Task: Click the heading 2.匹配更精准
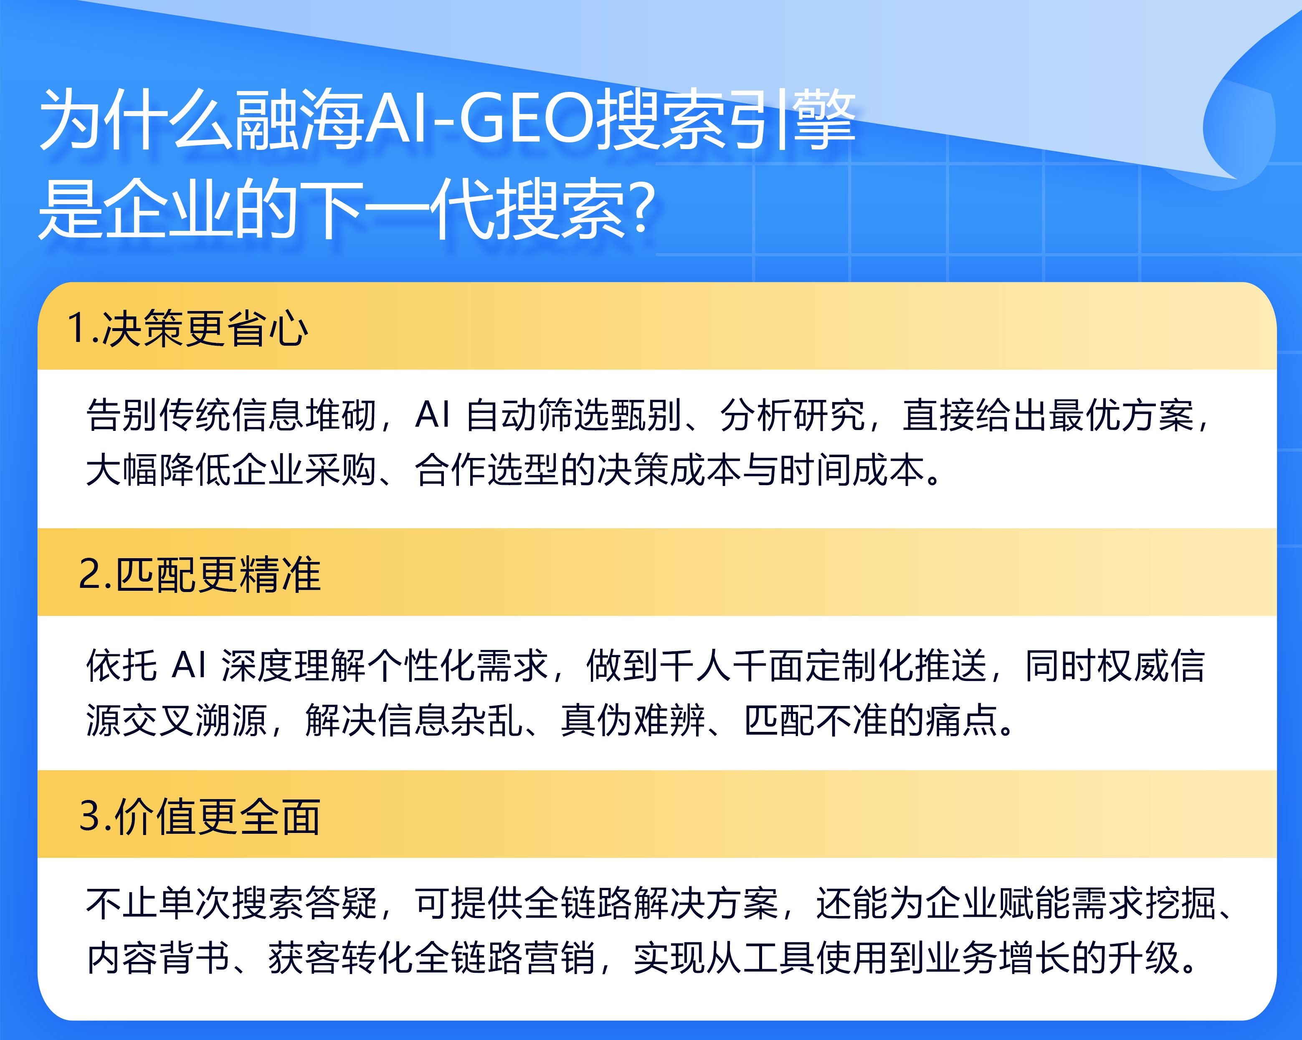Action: tap(199, 574)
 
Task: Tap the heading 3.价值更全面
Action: tap(199, 817)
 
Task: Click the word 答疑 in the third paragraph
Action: tap(341, 903)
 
